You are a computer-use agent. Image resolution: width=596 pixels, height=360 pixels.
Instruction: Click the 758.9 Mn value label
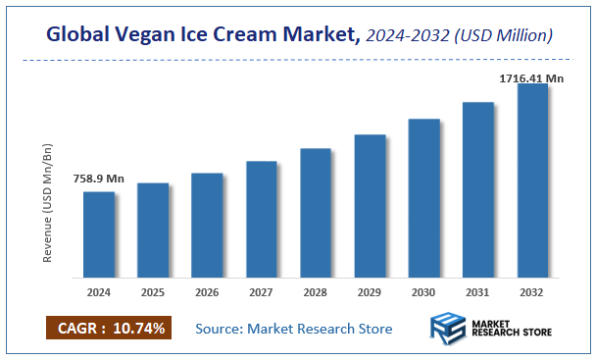pyautogui.click(x=99, y=179)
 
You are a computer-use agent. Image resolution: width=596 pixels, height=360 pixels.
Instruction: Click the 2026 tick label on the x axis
pyautogui.click(x=207, y=291)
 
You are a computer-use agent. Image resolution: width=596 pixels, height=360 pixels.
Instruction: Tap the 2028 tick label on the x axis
pyautogui.click(x=316, y=291)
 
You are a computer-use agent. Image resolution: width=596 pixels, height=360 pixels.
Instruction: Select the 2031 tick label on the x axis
pyautogui.click(x=478, y=291)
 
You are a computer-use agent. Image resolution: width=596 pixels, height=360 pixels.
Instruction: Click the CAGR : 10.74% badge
pyautogui.click(x=108, y=327)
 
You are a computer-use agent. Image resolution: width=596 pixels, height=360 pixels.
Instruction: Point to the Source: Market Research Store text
pyautogui.click(x=294, y=328)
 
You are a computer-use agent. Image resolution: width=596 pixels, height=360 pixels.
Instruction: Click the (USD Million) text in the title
pyautogui.click(x=504, y=36)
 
